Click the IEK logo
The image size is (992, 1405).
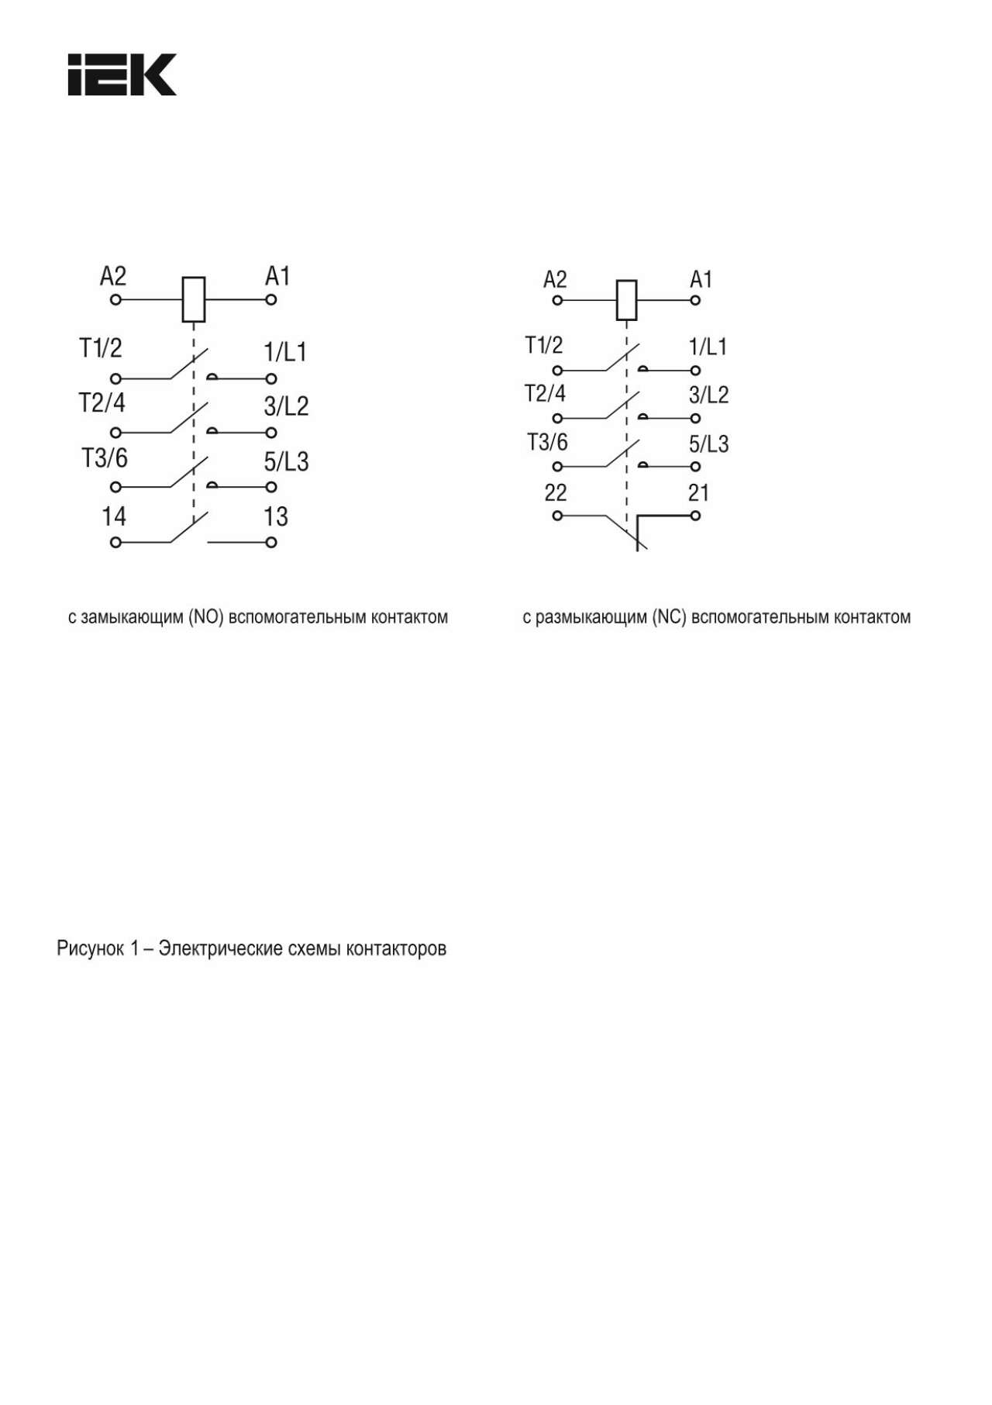122,74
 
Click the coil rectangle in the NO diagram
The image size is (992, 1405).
193,299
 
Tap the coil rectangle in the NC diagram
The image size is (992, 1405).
626,300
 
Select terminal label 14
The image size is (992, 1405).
114,516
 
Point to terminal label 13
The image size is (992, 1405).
276,516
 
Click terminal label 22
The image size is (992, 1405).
556,492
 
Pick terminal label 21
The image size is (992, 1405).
698,492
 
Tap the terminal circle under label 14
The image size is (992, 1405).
115,543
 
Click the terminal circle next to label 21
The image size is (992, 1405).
695,516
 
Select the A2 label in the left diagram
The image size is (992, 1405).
113,276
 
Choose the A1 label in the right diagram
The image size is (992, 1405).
701,279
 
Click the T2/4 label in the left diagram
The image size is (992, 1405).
102,403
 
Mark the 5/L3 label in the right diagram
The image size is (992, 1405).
708,444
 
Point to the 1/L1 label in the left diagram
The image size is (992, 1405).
285,352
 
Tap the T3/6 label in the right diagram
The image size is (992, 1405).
547,443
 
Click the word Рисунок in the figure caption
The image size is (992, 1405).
90,948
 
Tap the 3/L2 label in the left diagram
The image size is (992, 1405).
286,406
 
